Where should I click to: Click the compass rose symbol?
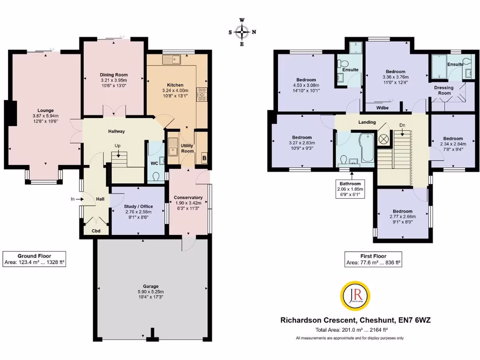[x=242, y=32]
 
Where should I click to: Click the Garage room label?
[x=151, y=286]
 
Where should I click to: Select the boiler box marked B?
[x=204, y=158]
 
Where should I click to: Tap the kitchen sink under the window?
[x=172, y=60]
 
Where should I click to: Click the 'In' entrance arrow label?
[x=73, y=199]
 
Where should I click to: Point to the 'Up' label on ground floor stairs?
[x=119, y=146]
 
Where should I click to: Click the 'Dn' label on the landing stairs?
[x=402, y=125]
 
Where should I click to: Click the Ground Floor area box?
[x=34, y=259]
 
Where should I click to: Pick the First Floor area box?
[x=373, y=259]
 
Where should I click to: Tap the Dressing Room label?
[x=443, y=90]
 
